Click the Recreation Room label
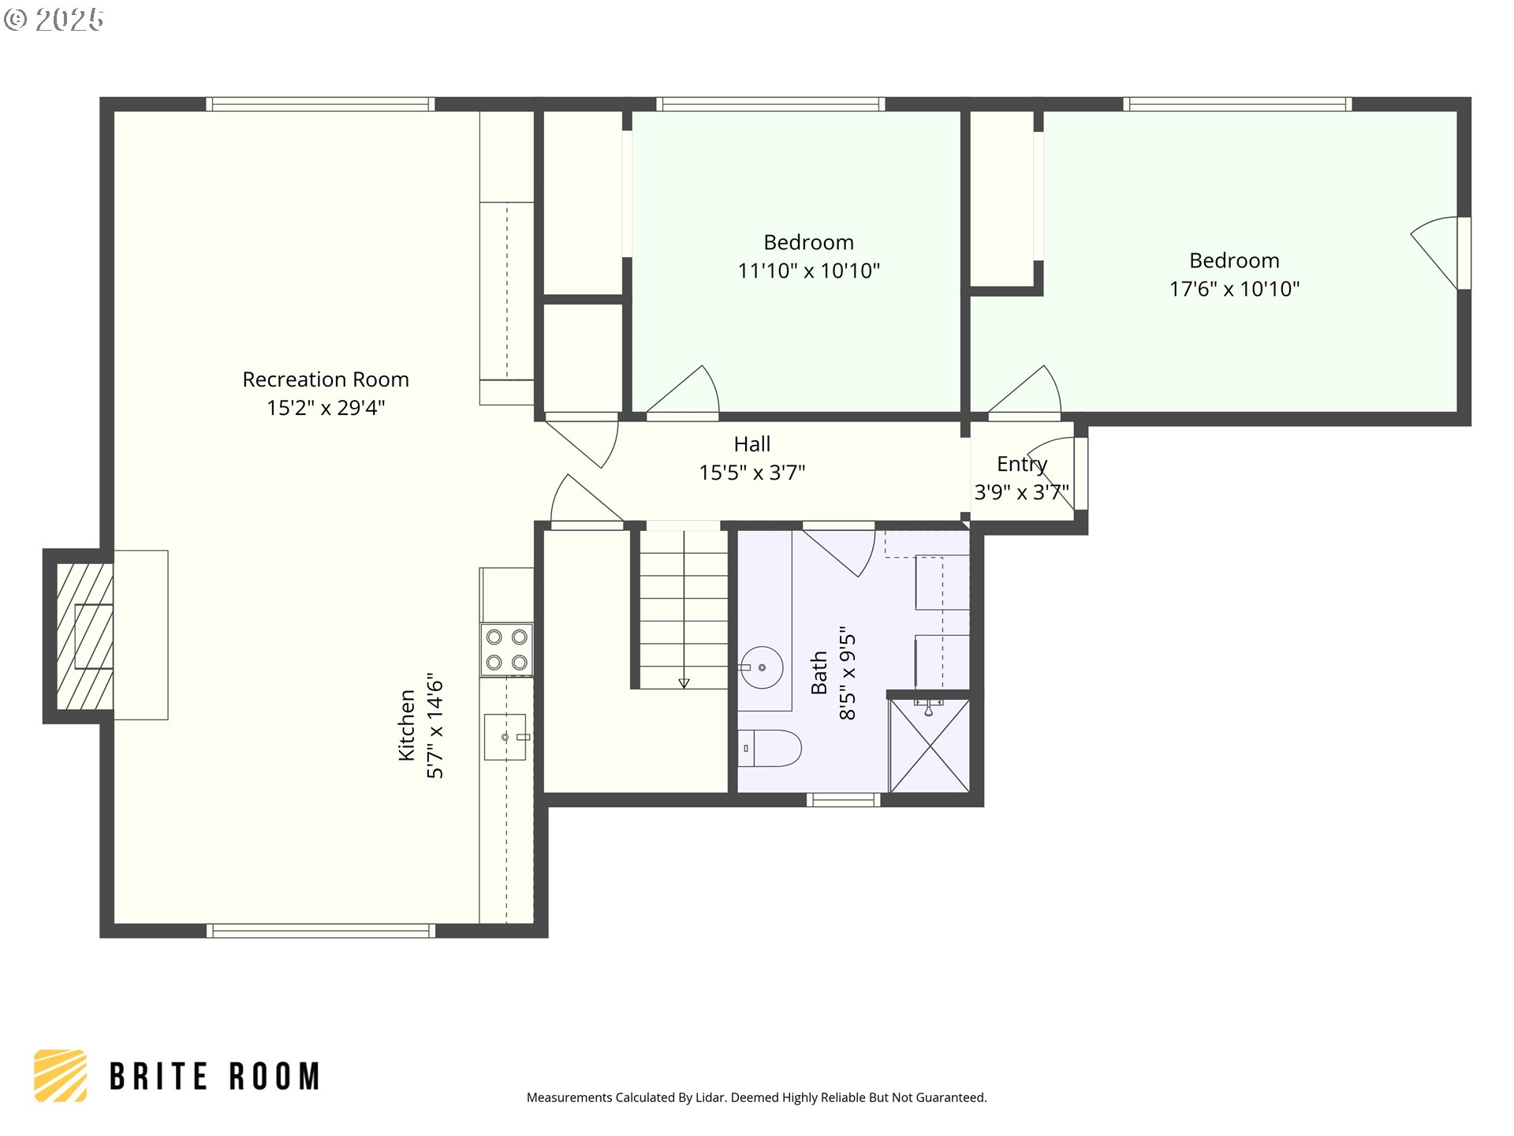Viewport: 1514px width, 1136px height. point(326,379)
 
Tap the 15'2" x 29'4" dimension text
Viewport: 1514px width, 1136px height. point(326,408)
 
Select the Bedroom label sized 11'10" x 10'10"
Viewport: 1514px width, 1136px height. point(808,242)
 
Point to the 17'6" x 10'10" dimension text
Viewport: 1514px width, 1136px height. point(1234,289)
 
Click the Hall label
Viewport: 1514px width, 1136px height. point(752,444)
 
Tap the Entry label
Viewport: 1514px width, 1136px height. point(1022,465)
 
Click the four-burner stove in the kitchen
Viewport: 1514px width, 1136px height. point(506,650)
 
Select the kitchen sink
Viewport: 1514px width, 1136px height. point(505,737)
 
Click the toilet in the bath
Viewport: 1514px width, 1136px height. point(770,748)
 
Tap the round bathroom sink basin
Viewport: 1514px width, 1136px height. point(762,667)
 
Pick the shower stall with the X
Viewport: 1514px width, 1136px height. point(930,745)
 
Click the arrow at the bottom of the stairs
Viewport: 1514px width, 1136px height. point(684,683)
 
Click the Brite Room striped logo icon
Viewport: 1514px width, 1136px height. point(61,1075)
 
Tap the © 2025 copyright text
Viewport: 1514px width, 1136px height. point(54,20)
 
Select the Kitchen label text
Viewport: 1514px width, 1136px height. point(407,725)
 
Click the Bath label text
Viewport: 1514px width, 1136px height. point(819,673)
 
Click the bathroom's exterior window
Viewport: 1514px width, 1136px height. point(843,800)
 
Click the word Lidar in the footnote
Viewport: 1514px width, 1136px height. point(710,1097)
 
